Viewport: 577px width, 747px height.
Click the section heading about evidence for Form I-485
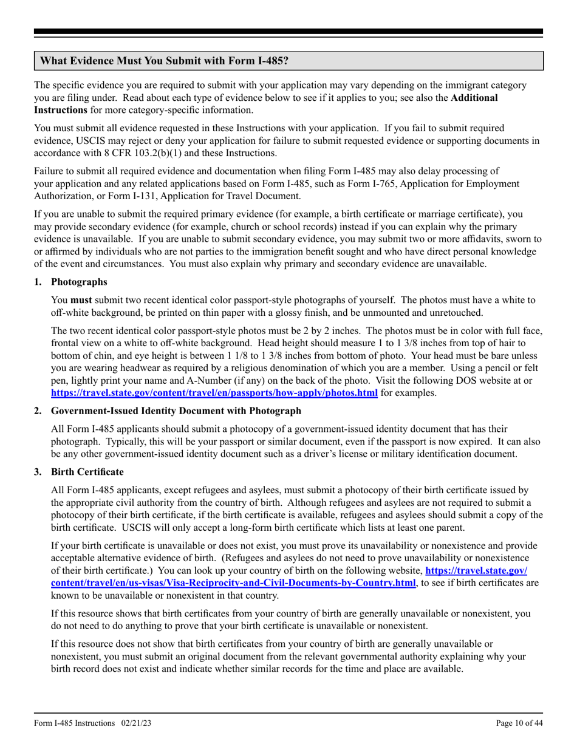[x=164, y=61]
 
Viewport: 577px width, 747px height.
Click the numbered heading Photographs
[x=79, y=282]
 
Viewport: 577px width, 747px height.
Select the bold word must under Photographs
[x=81, y=300]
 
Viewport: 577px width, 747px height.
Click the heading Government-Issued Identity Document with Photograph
[x=176, y=411]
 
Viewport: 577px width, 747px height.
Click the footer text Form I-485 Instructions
[x=74, y=723]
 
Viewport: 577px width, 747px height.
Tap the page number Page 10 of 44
[x=519, y=723]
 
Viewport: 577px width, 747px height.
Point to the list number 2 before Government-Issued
[x=38, y=411]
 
